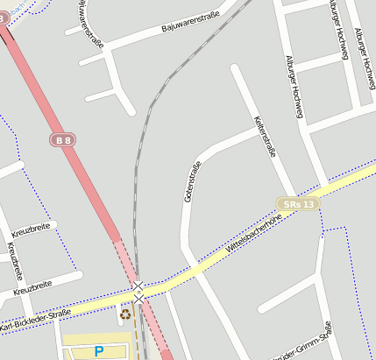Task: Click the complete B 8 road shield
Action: [x=61, y=139]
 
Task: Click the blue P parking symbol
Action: [x=99, y=350]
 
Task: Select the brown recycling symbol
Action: [x=126, y=313]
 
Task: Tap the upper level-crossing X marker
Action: [x=138, y=286]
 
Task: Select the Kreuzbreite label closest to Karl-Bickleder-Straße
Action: [x=32, y=286]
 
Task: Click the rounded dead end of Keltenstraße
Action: [x=235, y=69]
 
